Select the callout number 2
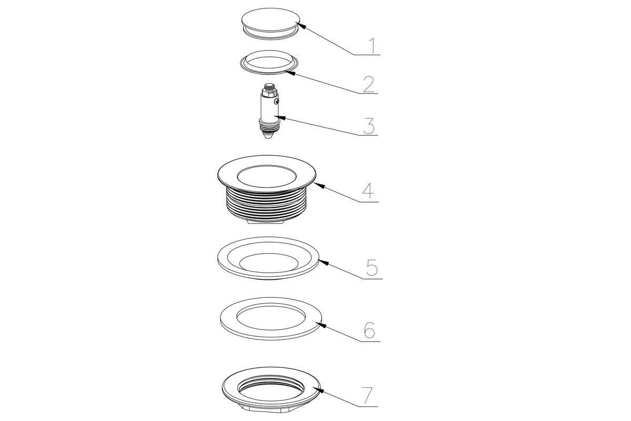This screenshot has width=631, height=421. coord(369,84)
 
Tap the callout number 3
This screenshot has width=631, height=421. coord(369,126)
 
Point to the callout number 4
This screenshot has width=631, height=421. coord(368,191)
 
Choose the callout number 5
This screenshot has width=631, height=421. coord(372,268)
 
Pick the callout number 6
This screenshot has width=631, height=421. coord(369,330)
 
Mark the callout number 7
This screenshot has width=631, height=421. coord(367,395)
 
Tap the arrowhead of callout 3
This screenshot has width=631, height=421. coord(281,117)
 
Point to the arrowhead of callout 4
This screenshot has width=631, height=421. coord(319,185)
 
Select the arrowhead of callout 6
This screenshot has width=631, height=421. coord(322,325)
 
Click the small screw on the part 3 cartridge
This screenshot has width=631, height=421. coord(277,100)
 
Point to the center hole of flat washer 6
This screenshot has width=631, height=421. coord(271,316)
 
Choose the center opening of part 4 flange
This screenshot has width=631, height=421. coord(267,176)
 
